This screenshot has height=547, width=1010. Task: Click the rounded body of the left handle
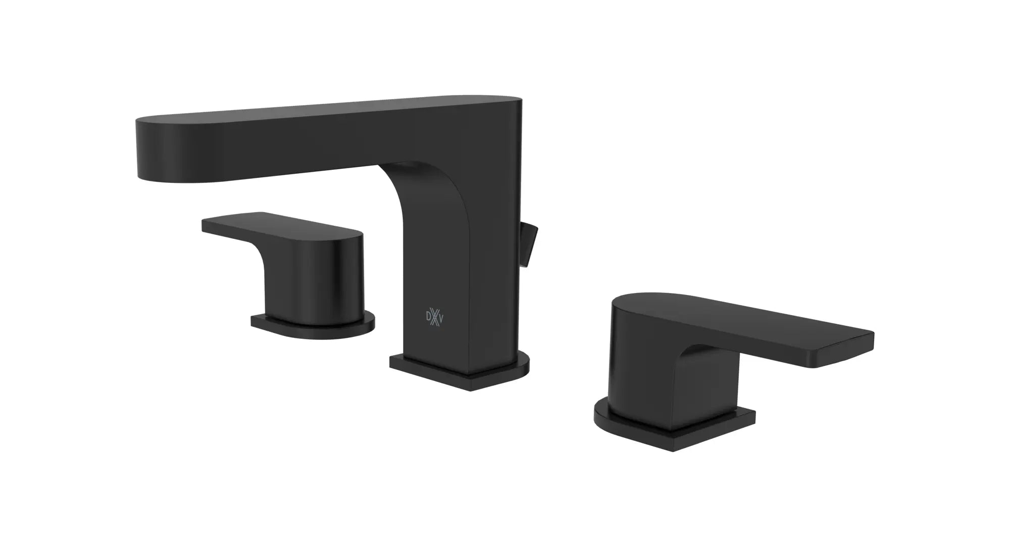pyautogui.click(x=323, y=273)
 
